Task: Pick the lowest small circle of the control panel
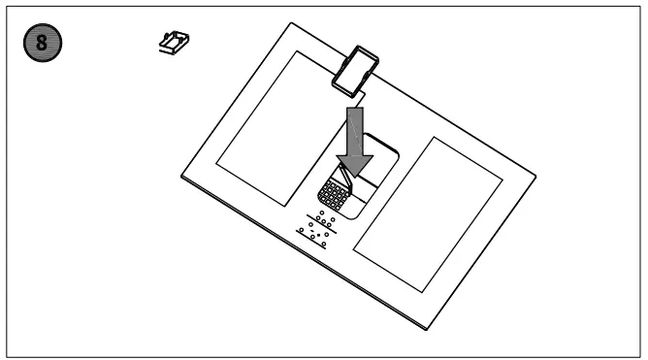pyautogui.click(x=323, y=245)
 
